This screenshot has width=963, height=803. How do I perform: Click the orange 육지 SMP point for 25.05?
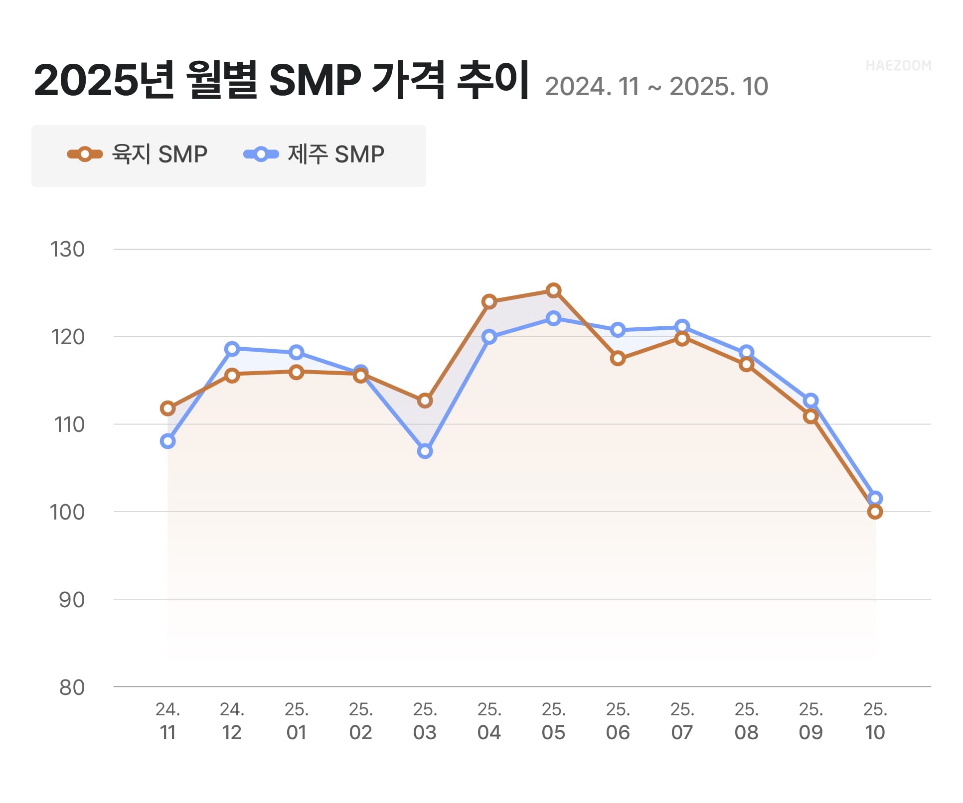pos(553,290)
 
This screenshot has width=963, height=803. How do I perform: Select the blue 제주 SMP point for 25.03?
pos(425,451)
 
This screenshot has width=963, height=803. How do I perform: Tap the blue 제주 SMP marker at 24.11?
pos(167,441)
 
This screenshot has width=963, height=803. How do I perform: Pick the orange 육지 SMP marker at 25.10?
pos(875,512)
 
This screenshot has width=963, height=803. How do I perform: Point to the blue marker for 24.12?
pos(232,349)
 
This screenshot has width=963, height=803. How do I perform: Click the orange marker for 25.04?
pos(489,302)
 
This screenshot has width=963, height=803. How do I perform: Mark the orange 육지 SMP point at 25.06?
pos(618,359)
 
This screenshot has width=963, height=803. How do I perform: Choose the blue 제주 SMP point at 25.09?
pos(810,401)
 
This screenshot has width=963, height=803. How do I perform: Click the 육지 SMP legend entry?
pos(138,154)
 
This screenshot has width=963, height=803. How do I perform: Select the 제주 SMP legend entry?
pos(314,154)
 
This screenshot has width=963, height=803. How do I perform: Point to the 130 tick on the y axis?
pos(67,250)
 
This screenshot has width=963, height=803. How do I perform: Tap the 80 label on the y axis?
pos(72,687)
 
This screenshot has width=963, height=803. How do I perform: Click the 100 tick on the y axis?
pos(67,512)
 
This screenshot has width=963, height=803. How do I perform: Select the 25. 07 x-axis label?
pos(682,721)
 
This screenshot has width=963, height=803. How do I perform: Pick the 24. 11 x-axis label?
pos(167,721)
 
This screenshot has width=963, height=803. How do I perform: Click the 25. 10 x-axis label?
pos(875,721)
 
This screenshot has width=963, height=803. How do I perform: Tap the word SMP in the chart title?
pos(315,81)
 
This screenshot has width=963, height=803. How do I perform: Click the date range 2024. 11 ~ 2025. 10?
pos(656,87)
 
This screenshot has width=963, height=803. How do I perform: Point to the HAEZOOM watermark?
pos(898,66)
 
